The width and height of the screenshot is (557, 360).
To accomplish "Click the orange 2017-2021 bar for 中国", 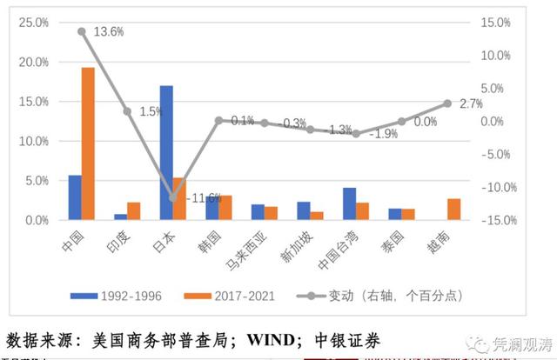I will click(x=88, y=143).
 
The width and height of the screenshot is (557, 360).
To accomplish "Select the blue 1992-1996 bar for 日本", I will click(x=166, y=152).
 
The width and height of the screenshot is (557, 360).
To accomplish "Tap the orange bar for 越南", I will click(x=453, y=210).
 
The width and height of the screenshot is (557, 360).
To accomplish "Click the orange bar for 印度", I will click(x=133, y=211).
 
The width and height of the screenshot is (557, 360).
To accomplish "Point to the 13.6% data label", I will click(x=109, y=31).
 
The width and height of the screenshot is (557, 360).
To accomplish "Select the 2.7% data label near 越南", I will click(x=470, y=103).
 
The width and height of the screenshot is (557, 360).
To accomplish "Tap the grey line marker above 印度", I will click(x=127, y=111).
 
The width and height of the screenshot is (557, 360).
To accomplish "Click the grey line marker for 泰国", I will click(x=401, y=122).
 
